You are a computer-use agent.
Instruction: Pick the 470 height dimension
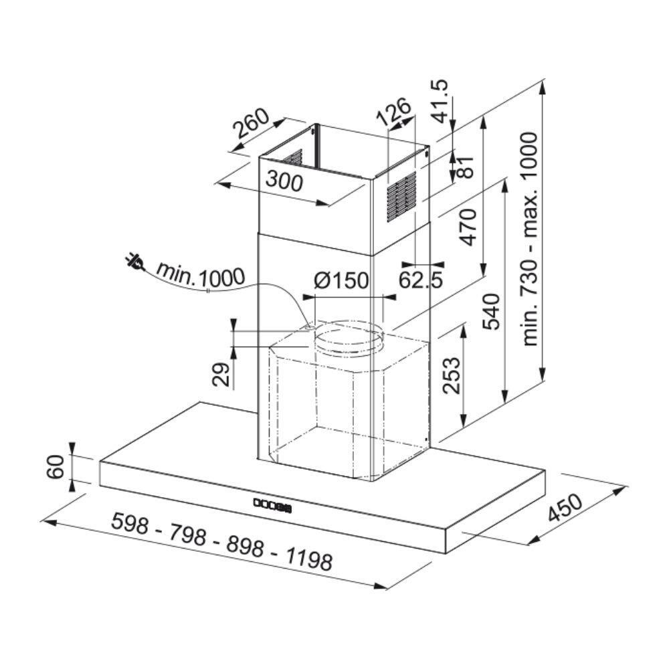pyautogui.click(x=468, y=227)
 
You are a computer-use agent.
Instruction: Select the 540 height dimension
pyautogui.click(x=490, y=312)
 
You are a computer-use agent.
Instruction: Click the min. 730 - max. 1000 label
pyautogui.click(x=531, y=240)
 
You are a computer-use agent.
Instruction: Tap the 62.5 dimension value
pyautogui.click(x=421, y=280)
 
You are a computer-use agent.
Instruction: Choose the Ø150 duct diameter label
pyautogui.click(x=341, y=280)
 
